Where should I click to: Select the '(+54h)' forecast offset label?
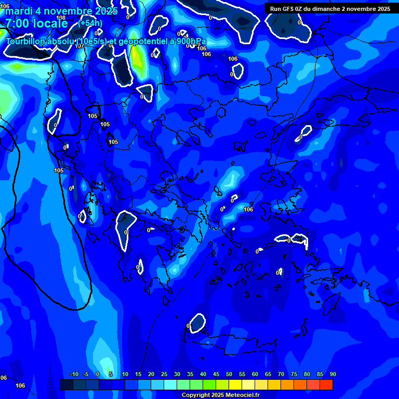(x=90, y=23)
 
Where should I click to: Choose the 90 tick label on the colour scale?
(x=333, y=374)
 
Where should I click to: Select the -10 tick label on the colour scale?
(x=74, y=374)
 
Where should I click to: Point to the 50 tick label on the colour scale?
(x=229, y=374)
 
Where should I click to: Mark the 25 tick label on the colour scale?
(x=164, y=374)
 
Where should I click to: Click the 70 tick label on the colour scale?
(x=281, y=374)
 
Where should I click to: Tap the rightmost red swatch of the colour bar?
(x=326, y=384)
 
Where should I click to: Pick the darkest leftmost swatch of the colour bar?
(x=66, y=384)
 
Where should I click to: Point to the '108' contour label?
(x=61, y=18)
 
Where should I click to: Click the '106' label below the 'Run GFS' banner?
(x=233, y=59)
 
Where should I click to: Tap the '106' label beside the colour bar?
(x=20, y=385)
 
